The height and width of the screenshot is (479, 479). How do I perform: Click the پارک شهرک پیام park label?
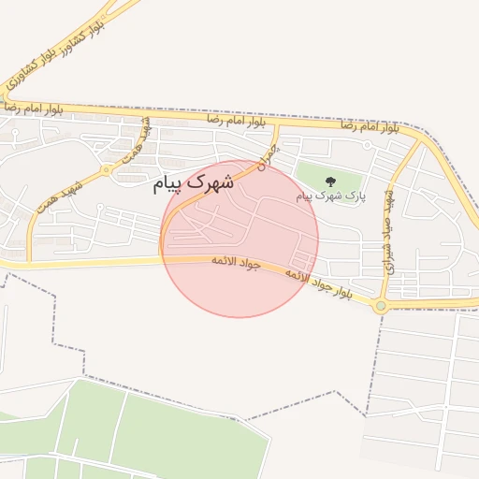pos(328,196)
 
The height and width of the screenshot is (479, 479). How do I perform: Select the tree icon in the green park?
pos(329,181)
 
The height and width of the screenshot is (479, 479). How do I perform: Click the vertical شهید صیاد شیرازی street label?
pos(391,234)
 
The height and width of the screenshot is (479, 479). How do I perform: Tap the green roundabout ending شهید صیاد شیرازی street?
pos(381,306)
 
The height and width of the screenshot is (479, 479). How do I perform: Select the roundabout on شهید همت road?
pos(107,170)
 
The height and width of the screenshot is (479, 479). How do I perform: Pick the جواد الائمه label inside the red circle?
pos(234,262)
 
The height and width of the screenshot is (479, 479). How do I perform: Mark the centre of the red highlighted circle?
pos(240,239)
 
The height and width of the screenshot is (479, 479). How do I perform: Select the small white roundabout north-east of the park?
pos(366,145)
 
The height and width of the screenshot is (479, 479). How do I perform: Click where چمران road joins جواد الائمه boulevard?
pos(164,256)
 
